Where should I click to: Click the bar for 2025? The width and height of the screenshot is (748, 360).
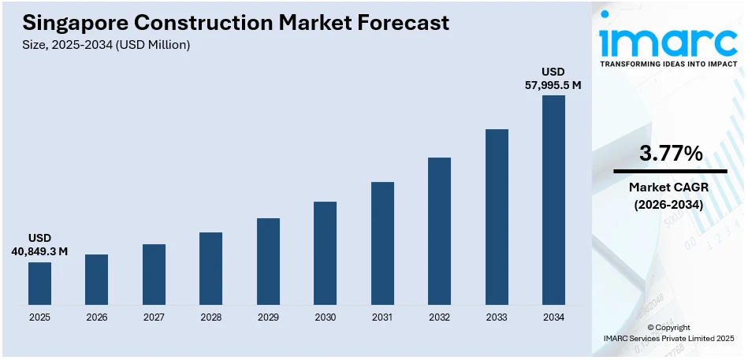[39, 284]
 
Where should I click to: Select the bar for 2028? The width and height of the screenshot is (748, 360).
[210, 269]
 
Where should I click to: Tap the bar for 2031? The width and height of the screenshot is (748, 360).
[382, 243]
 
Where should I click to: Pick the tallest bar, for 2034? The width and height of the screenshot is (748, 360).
[553, 200]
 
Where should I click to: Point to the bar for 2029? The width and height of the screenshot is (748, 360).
[268, 262]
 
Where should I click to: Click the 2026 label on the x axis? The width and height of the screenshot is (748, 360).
[96, 317]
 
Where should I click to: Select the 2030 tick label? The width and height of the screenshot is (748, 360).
[325, 317]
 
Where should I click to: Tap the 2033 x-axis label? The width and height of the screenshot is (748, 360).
[497, 317]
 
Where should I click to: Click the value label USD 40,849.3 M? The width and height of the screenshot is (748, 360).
[39, 244]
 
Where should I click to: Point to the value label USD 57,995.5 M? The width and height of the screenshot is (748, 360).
[553, 79]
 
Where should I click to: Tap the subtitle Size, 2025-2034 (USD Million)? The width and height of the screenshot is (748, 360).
[106, 45]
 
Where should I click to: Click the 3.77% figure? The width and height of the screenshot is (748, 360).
[670, 154]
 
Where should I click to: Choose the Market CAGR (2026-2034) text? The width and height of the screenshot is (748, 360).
[670, 196]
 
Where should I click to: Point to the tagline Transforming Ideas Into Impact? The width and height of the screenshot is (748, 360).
[670, 64]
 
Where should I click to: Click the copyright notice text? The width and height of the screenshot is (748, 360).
[668, 332]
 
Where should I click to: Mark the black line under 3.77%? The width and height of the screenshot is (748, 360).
[670, 171]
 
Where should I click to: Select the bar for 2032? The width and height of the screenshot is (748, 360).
[439, 232]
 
